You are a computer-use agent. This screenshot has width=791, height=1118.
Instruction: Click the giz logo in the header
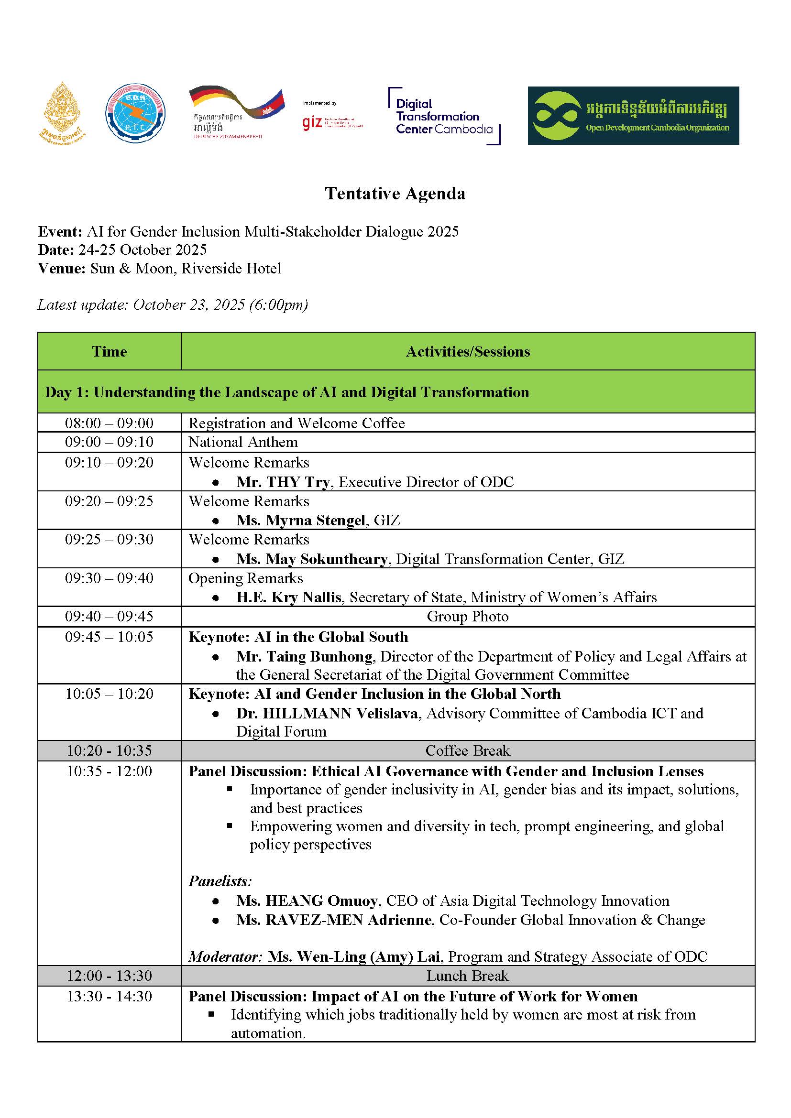312,122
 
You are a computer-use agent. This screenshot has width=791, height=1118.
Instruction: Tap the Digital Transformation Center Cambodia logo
443,116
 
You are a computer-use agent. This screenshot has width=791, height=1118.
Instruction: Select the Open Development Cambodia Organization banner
633,115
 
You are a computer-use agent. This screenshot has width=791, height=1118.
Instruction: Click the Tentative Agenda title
395,193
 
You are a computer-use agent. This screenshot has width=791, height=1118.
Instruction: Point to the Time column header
109,351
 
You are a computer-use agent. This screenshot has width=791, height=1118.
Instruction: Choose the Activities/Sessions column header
468,351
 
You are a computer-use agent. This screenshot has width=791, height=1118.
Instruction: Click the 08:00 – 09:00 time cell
109,423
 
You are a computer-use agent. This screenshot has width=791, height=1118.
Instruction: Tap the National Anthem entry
243,442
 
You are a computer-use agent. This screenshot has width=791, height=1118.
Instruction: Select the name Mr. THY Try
283,482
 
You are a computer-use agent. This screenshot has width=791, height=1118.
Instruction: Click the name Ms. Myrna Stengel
300,520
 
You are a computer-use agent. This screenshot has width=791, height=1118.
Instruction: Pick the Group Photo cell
468,616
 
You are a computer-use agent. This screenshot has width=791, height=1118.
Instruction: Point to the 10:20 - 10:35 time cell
109,750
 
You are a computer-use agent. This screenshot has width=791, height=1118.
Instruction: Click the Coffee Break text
468,750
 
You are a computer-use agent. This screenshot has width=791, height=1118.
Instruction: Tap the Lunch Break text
468,976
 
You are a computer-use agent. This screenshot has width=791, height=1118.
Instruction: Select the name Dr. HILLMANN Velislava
327,713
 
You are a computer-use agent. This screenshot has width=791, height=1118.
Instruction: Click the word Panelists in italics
220,881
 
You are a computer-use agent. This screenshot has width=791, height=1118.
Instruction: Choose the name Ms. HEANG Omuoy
307,901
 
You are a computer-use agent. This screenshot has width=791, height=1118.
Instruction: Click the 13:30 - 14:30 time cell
109,996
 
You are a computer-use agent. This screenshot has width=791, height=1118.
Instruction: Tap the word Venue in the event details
61,268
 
